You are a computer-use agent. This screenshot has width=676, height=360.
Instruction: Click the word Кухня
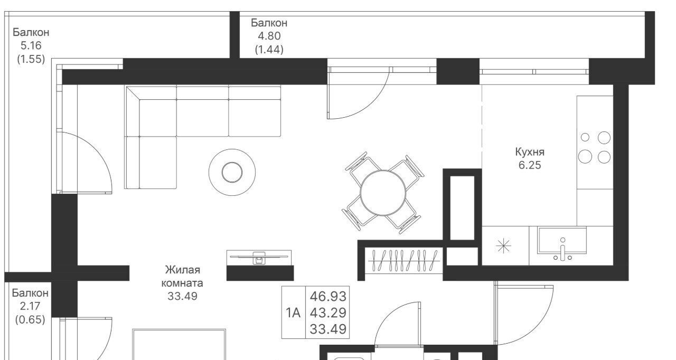pos(530,152)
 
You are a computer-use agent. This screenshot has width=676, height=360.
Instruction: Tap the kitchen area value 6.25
pos(530,165)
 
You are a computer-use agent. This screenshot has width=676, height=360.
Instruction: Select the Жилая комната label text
pos(182,276)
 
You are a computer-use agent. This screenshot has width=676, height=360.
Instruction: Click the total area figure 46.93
pos(328,296)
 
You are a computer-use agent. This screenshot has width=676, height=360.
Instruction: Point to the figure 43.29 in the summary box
pos(328,312)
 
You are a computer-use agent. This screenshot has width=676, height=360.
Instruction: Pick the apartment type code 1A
pos(293,313)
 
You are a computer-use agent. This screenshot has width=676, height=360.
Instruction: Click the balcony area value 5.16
pos(31,45)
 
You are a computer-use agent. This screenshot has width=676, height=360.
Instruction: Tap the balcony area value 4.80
pos(269,36)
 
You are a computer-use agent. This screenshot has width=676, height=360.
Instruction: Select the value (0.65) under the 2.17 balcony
pos(30,319)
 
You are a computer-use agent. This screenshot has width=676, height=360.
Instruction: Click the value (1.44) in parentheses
pos(269,49)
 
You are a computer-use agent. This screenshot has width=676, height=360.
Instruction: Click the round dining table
pos(383,193)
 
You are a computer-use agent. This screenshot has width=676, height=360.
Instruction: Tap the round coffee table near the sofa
pos(232,172)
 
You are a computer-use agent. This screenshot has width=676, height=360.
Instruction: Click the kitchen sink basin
pos(562,241)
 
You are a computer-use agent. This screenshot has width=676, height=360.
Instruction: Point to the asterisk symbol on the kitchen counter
pos(503,246)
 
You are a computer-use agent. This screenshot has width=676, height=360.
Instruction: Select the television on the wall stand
pos(259,257)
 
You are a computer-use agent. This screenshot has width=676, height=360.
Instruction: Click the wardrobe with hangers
pos(404,260)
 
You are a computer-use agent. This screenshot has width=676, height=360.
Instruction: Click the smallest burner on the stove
pos(585,137)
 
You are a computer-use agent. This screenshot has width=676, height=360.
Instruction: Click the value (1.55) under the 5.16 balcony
pos(31,59)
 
